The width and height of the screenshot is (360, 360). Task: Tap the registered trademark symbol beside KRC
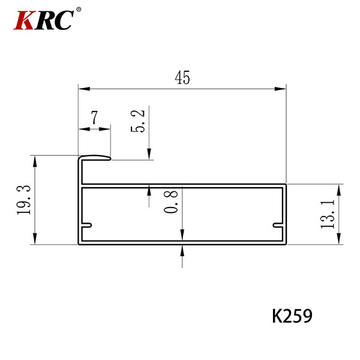pyautogui.click(x=79, y=10)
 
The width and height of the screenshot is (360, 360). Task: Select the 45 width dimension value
pyautogui.click(x=182, y=77)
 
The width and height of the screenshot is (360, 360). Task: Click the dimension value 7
pyautogui.click(x=94, y=118)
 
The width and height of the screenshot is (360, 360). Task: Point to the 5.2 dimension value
pyautogui.click(x=138, y=121)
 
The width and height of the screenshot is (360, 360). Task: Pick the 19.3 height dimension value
pyautogui.click(x=23, y=200)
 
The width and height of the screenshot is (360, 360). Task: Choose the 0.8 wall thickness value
pyautogui.click(x=171, y=202)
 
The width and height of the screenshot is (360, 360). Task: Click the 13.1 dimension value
pyautogui.click(x=328, y=214)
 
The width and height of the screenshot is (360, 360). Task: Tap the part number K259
pyautogui.click(x=292, y=316)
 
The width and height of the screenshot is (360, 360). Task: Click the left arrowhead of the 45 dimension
pyautogui.click(x=84, y=89)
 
